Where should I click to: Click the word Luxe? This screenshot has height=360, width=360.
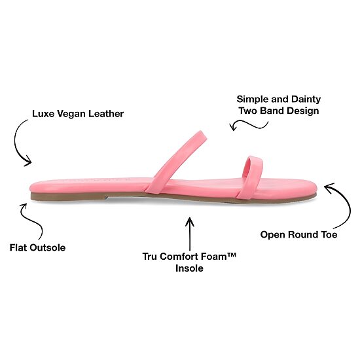[43, 114]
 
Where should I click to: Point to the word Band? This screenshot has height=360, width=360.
[272, 111]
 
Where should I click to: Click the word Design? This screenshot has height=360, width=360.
[303, 111]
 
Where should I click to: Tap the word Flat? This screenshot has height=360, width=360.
[18, 247]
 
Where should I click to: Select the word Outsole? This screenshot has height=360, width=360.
[48, 247]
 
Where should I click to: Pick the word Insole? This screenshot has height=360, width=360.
[189, 268]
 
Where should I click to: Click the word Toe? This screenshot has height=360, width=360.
[328, 234]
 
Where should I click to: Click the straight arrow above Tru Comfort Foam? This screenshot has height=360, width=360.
[190, 234]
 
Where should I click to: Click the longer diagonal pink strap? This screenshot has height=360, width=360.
[175, 162]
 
